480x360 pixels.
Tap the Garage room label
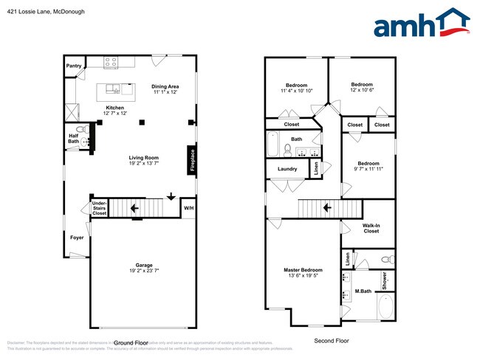[x=143, y=265]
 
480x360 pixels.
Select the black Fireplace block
[x=191, y=161]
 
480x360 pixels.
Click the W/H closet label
[x=188, y=207]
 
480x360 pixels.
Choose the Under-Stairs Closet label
[x=99, y=209]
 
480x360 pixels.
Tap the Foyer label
[x=77, y=238]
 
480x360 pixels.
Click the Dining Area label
[x=166, y=86]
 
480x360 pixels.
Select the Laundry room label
[x=287, y=169]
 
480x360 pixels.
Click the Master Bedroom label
[x=304, y=270]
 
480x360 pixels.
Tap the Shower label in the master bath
[x=385, y=280]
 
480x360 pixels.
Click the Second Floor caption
[x=332, y=341]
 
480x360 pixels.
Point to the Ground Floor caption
[x=131, y=342]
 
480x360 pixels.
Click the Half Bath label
[x=74, y=137]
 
